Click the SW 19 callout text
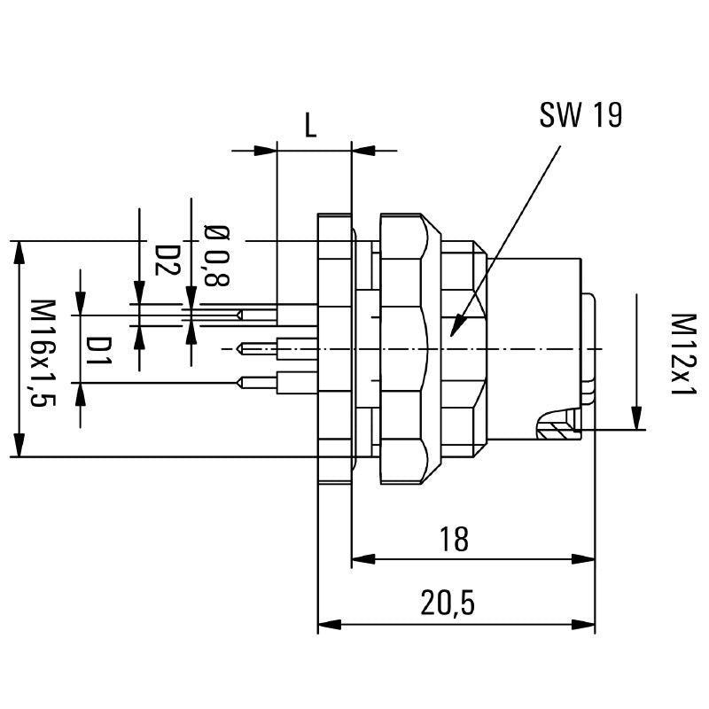coord(580,115)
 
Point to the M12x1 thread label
coord(682,354)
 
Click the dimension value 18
coord(454,539)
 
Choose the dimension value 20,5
coord(448,604)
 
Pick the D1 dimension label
coord(100,351)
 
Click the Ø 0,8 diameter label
coord(216,256)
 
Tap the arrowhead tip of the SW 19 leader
coord(453,334)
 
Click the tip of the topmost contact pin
coord(239,315)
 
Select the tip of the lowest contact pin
coord(240,383)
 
